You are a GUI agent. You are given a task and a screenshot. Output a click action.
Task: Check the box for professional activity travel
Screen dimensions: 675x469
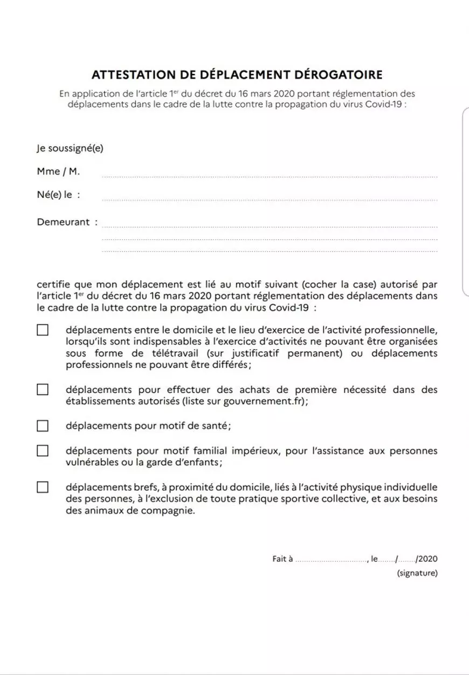coord(43,330)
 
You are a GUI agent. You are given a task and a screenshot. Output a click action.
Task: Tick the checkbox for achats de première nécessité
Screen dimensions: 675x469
coord(43,389)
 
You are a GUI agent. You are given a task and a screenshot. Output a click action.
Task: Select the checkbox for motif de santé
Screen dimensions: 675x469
coord(43,426)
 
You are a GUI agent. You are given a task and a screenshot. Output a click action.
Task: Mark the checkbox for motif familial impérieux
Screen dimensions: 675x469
coord(43,450)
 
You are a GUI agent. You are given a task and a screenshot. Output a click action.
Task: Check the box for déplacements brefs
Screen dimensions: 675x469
coord(43,487)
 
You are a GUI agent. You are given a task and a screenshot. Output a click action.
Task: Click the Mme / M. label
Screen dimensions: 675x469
coord(58,171)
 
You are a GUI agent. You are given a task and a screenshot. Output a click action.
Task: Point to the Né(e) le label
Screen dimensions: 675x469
coord(58,195)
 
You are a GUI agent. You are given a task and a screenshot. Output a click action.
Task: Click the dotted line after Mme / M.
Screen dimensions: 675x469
coord(270,176)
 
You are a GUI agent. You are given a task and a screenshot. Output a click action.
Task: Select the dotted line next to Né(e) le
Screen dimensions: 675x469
coord(270,199)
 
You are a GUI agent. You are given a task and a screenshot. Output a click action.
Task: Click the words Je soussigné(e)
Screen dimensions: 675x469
coord(70,148)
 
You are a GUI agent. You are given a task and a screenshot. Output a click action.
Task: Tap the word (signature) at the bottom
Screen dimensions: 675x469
coord(417,573)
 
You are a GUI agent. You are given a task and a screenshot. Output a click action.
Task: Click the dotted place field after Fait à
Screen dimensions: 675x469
coord(331,561)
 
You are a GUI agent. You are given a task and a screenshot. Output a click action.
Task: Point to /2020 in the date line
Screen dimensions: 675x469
coord(426,559)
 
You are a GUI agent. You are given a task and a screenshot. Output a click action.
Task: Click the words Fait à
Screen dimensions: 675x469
coord(282,559)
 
